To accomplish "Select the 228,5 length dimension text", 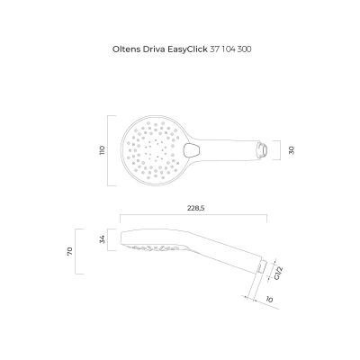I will [195, 207].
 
